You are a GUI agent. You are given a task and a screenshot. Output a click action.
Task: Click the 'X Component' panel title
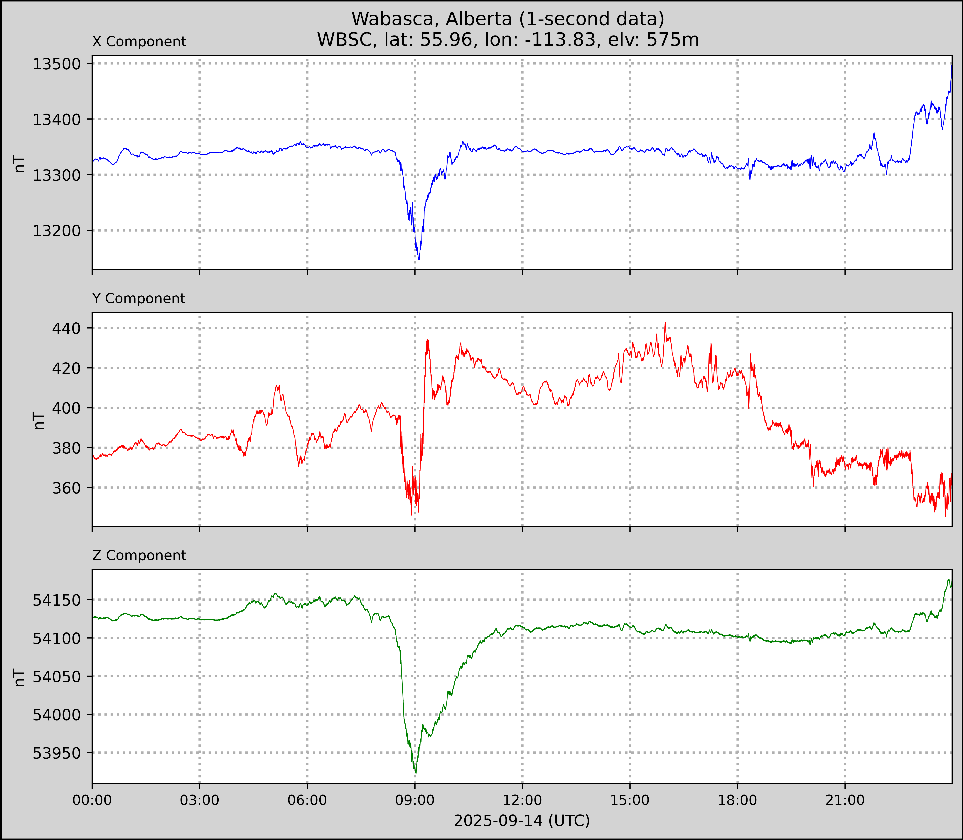pyautogui.click(x=139, y=42)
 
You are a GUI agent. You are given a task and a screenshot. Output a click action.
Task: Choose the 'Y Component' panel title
pyautogui.click(x=139, y=299)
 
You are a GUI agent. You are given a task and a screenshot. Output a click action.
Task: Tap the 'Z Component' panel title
pyautogui.click(x=139, y=555)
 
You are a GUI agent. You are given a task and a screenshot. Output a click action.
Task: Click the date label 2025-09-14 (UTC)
pyautogui.click(x=522, y=821)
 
